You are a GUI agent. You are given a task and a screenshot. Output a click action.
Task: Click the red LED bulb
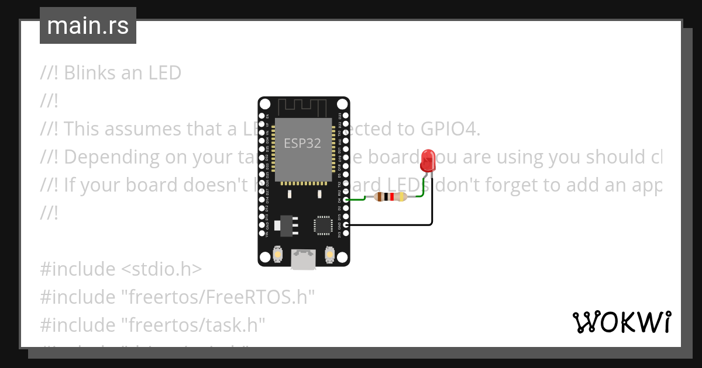point(428,159)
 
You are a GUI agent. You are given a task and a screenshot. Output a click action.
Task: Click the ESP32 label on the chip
point(302,143)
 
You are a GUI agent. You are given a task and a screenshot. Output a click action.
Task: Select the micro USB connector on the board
point(303,259)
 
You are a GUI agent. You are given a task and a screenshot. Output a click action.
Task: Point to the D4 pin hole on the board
point(346,200)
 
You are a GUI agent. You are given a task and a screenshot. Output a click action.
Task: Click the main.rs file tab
point(88,26)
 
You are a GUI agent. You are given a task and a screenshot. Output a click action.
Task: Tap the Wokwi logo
point(622,322)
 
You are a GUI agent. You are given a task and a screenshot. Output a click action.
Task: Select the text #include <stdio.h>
point(121,269)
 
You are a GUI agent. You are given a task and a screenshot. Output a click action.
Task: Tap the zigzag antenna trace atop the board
point(302,107)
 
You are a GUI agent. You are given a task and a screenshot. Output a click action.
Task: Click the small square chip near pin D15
point(323,225)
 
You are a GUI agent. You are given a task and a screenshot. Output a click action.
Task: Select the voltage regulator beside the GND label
point(284,224)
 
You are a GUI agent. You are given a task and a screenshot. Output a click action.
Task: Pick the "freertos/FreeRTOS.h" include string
point(218,297)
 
